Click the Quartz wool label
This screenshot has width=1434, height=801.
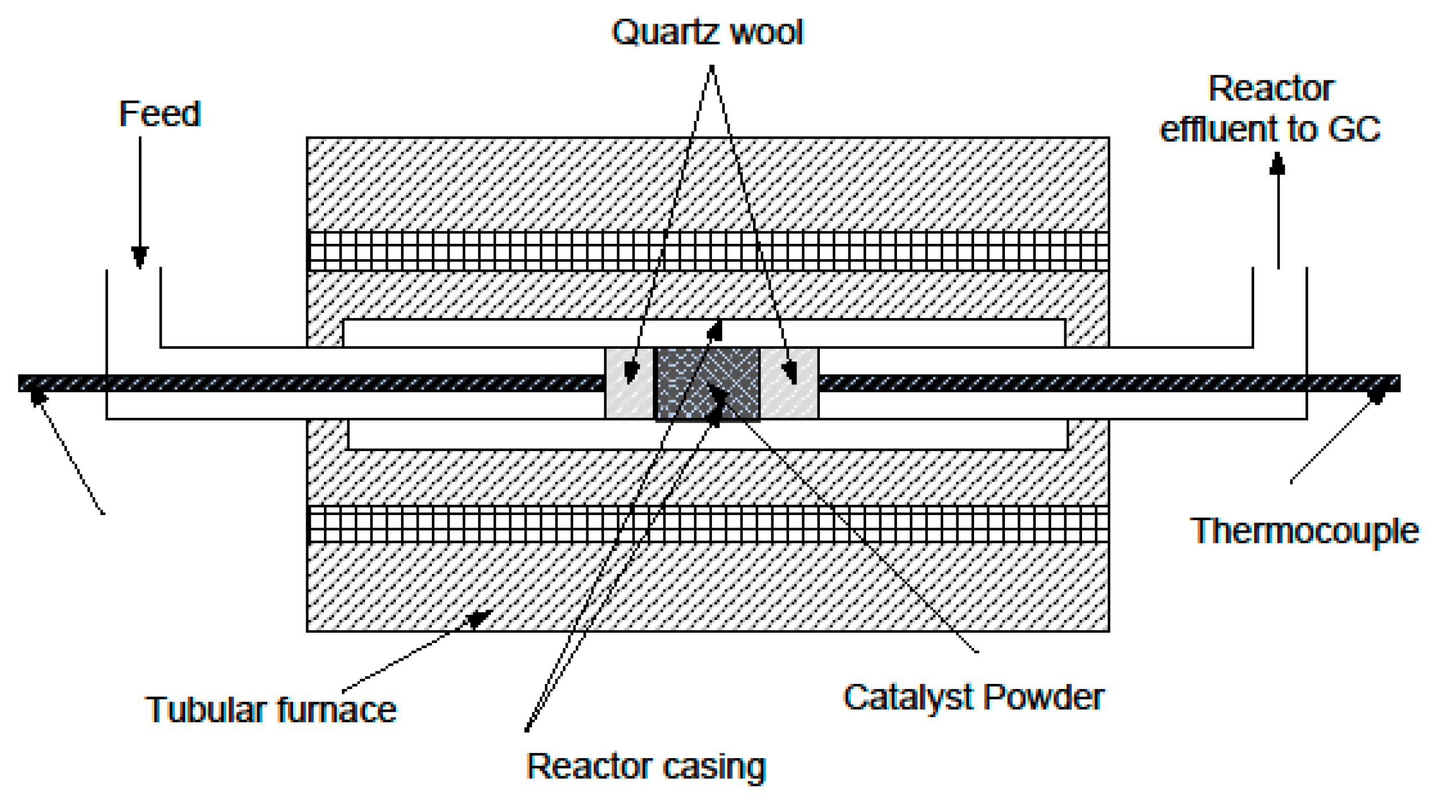coord(707,32)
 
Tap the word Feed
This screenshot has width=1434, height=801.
coord(159,114)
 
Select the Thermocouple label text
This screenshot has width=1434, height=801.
coord(1304,531)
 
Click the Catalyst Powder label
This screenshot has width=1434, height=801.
coord(974,697)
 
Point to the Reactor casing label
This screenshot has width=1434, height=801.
coord(646,766)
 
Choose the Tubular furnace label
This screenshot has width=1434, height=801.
coord(271,710)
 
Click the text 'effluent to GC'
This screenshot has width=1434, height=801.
coord(1270,129)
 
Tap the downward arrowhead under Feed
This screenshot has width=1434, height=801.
coord(140,257)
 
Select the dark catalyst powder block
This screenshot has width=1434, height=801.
coord(707,383)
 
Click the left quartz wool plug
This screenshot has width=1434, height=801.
coord(629,383)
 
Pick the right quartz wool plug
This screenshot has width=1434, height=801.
coord(790,383)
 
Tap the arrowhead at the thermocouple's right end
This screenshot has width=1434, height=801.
coord(1377,396)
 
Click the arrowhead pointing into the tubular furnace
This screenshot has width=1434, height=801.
coord(479,618)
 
